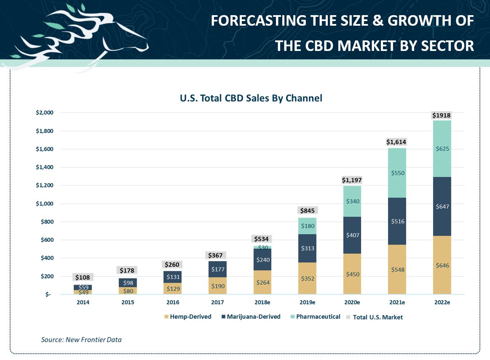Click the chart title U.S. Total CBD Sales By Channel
[x=251, y=99]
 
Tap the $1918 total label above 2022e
[x=441, y=115]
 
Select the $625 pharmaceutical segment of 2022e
[x=441, y=149]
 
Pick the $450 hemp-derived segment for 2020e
[x=352, y=274]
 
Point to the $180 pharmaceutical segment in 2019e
[x=307, y=226]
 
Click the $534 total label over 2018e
[x=262, y=239]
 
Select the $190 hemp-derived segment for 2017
[x=218, y=286]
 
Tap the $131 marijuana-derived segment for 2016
[x=173, y=277]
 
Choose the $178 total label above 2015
[x=128, y=270]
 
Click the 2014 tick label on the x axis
[x=83, y=302]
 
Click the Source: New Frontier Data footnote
[x=81, y=339]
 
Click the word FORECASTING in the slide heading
[x=255, y=21]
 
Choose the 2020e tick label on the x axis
[x=351, y=302]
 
